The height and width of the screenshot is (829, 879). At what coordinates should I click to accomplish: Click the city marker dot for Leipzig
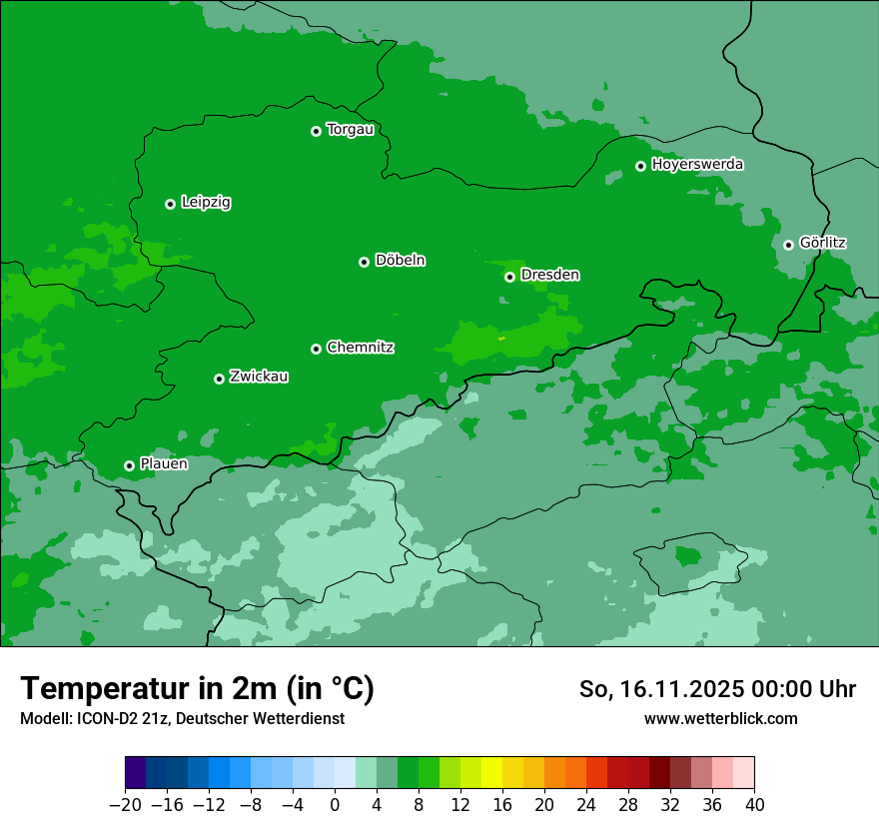[170, 204]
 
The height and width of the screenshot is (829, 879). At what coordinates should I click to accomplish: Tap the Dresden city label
[549, 275]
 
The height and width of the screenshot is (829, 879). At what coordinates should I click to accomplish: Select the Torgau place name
[350, 130]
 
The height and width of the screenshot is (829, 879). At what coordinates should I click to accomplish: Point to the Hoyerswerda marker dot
[641, 166]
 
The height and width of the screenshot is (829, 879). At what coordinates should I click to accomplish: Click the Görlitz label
[822, 243]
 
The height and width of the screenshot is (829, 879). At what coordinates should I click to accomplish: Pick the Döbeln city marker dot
[364, 262]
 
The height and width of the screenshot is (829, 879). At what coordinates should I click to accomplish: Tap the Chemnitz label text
[360, 348]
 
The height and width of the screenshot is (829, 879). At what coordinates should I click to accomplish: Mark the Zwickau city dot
[219, 379]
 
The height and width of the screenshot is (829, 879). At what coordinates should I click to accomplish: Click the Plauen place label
[163, 463]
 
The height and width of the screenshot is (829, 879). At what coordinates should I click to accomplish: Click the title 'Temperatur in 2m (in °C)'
[197, 688]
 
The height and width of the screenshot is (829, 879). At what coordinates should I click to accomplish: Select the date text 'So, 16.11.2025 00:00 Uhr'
[717, 689]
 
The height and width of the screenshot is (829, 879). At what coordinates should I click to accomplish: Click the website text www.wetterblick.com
[720, 718]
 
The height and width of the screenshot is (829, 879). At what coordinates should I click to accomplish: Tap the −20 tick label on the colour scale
[125, 805]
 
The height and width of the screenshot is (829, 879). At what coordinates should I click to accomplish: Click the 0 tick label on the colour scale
[335, 805]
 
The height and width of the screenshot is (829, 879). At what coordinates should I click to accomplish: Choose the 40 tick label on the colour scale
[754, 805]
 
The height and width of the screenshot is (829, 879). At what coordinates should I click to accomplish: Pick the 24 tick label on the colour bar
[586, 805]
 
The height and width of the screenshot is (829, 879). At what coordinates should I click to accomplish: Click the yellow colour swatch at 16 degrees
[491, 773]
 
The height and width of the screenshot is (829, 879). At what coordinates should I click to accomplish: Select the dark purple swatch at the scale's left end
[136, 773]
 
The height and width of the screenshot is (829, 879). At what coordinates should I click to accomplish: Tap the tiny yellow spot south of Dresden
[501, 339]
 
